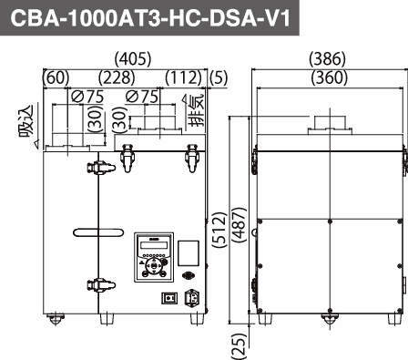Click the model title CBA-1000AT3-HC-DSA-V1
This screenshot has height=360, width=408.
150,18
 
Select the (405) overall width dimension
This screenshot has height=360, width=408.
133,58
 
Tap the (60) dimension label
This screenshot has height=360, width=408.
56,77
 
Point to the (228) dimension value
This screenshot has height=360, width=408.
117,77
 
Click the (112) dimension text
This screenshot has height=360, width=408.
184,77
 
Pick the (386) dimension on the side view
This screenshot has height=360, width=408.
327,58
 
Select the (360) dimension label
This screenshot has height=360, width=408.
330,77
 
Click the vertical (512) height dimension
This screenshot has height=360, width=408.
220,230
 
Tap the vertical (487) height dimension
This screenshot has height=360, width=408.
239,225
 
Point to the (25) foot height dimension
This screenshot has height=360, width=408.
239,345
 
